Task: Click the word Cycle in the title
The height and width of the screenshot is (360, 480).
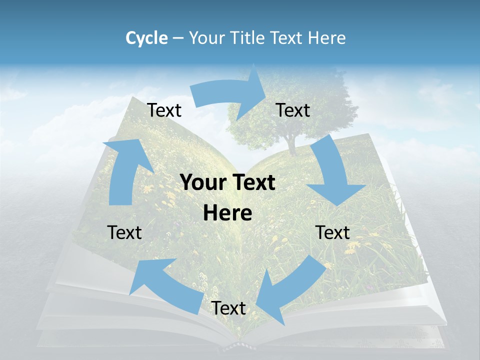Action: tap(146, 38)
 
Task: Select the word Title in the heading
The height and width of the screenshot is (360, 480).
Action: tap(250, 38)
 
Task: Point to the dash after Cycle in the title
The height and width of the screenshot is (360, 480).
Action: tap(178, 38)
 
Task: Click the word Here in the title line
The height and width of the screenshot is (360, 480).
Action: tap(327, 38)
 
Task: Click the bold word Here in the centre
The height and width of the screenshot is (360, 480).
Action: tap(227, 213)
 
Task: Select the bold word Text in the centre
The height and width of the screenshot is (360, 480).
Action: tap(253, 182)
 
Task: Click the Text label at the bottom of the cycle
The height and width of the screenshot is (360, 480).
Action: tap(228, 308)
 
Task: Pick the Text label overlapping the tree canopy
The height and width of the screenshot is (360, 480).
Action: tap(293, 110)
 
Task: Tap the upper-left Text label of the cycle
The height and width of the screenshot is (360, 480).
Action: tap(164, 110)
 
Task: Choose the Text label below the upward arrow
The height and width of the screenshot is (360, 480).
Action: tap(124, 232)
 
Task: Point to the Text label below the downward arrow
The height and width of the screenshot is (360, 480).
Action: tap(332, 232)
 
